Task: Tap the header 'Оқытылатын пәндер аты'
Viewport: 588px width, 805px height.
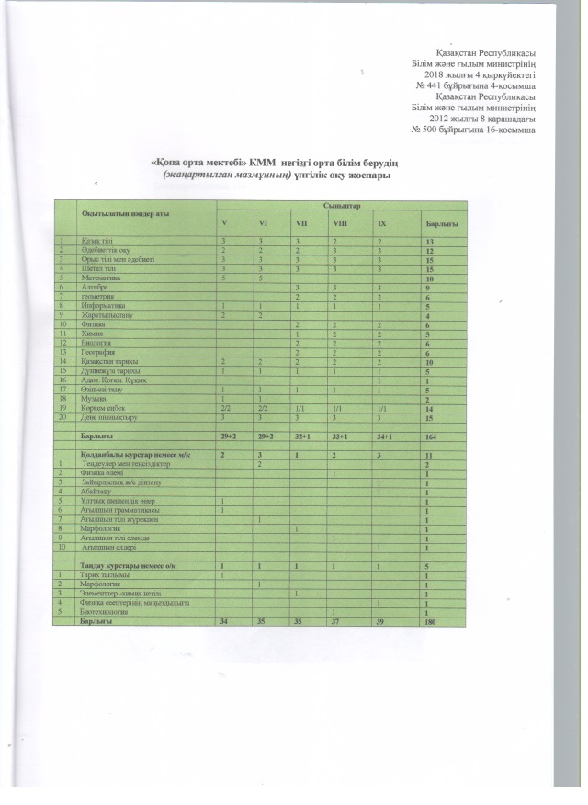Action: pos(119,213)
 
